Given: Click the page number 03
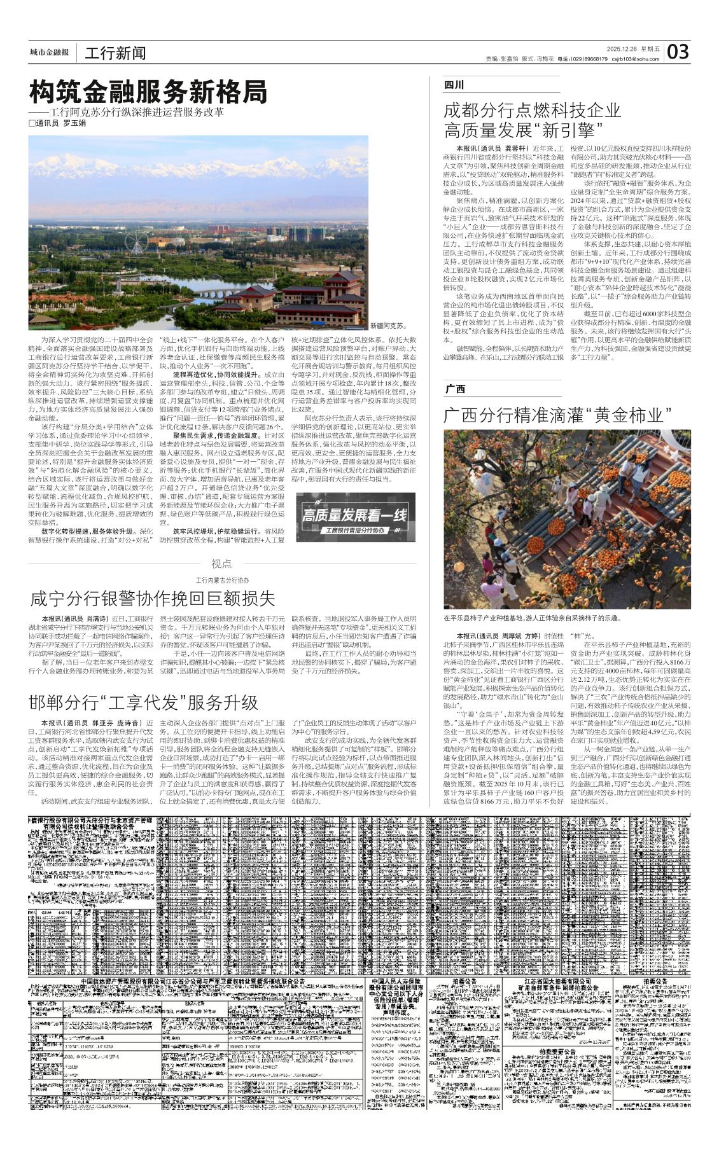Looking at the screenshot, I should coord(678,52).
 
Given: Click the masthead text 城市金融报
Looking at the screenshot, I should coord(49,52).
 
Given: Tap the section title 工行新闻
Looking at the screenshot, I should coord(115,53).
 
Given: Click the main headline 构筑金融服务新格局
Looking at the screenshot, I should coord(148,93).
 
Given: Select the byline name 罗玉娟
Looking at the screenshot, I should coord(74,123).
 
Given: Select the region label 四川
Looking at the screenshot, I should coord(454,85).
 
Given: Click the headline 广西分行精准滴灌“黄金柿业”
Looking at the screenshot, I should coord(557,416).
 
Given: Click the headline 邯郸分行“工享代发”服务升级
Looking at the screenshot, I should coord(144,703).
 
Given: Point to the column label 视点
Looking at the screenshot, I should coord(221,564).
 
